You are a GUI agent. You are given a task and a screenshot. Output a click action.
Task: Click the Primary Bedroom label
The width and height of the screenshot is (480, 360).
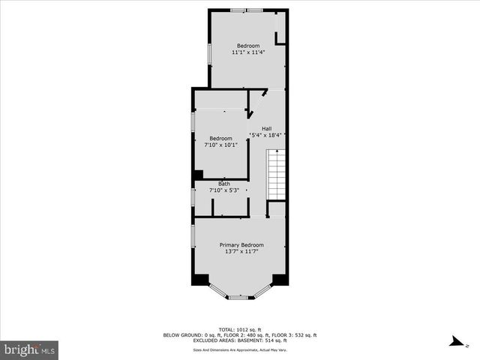pyautogui.click(x=241, y=245)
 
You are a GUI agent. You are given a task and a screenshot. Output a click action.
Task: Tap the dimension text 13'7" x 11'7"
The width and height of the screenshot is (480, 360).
pyautogui.click(x=241, y=252)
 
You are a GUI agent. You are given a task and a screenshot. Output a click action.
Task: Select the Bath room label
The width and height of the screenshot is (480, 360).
pyautogui.click(x=224, y=184)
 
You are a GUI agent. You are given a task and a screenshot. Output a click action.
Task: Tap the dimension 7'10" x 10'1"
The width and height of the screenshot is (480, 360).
pyautogui.click(x=220, y=145)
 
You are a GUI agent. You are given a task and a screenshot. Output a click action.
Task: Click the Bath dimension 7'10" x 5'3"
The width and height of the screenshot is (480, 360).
pyautogui.click(x=224, y=190)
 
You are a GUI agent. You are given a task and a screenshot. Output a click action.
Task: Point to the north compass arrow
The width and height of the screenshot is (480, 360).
pyautogui.click(x=454, y=342)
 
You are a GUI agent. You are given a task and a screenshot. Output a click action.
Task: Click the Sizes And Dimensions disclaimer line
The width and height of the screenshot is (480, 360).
pyautogui.click(x=240, y=349)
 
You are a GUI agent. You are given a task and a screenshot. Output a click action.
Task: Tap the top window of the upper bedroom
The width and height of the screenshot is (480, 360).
pyautogui.click(x=247, y=10)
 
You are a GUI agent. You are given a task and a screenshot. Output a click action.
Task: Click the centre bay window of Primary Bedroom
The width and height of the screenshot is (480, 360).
pyautogui.click(x=238, y=298)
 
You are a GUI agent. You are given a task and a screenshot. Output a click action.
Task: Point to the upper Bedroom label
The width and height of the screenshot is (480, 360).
pyautogui.click(x=248, y=46)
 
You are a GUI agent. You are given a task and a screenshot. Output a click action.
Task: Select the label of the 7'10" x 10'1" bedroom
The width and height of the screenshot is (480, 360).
pyautogui.click(x=220, y=138)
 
